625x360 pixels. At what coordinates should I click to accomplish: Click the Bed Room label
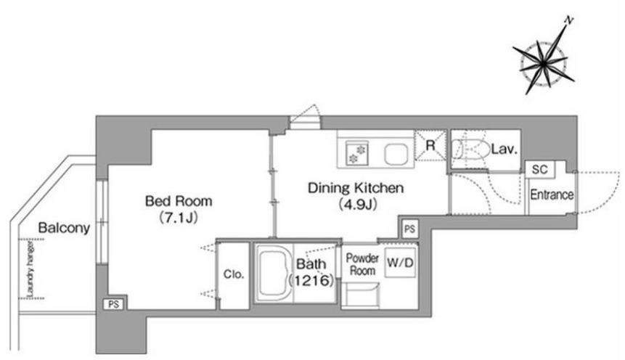(178, 200)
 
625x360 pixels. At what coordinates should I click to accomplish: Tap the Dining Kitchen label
(356, 187)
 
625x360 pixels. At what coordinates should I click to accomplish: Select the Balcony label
(64, 228)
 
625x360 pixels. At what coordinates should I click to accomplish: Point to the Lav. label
(504, 150)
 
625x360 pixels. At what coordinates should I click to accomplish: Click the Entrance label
(552, 195)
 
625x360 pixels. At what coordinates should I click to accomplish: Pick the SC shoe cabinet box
(540, 169)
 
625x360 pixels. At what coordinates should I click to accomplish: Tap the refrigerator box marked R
(430, 145)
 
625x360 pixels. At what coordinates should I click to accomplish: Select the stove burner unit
(357, 153)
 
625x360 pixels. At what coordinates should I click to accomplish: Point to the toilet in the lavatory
(470, 150)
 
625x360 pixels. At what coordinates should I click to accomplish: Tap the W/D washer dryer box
(400, 263)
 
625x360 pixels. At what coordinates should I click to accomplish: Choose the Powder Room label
(362, 264)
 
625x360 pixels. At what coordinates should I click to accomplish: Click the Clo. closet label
(234, 274)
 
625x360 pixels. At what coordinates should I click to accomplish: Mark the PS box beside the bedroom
(113, 304)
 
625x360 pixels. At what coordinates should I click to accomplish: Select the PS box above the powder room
(409, 229)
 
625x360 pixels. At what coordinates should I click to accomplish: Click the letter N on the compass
(570, 21)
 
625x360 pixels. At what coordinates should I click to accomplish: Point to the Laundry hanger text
(30, 269)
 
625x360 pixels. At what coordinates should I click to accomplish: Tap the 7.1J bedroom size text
(178, 218)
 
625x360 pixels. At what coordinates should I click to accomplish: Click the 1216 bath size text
(311, 281)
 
